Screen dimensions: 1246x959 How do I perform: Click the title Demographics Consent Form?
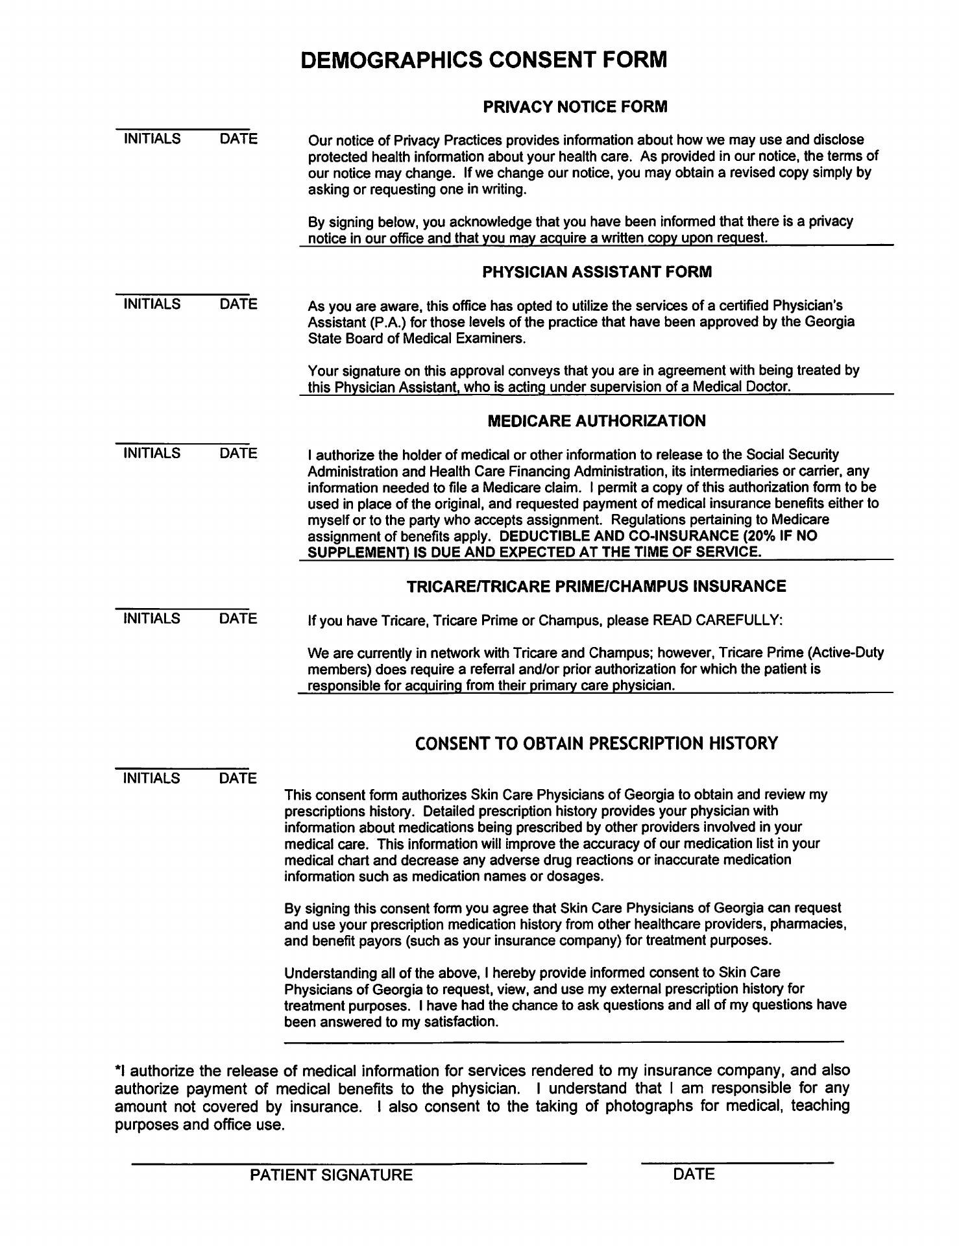pos(483,60)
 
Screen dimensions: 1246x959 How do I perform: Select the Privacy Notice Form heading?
pos(575,106)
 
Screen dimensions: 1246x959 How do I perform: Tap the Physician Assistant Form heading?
pos(596,272)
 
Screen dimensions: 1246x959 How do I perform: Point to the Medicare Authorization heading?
pos(596,421)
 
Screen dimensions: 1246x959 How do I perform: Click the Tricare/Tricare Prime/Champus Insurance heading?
pos(596,586)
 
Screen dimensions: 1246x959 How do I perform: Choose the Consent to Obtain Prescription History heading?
pos(596,743)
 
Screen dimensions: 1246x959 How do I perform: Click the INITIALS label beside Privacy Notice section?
pos(152,139)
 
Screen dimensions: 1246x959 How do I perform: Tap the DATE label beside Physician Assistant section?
pos(238,304)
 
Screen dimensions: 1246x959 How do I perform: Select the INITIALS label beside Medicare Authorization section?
pos(152,453)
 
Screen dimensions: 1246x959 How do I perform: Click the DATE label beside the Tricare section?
pos(238,618)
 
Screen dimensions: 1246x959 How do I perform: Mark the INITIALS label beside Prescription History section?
pos(152,778)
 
